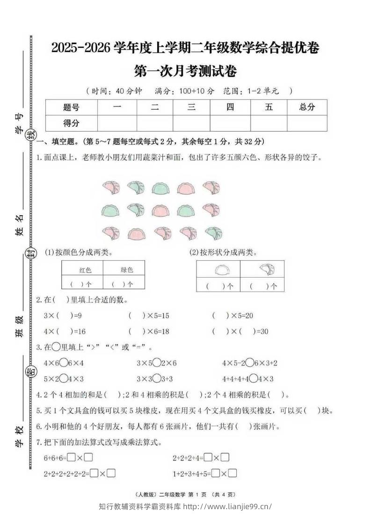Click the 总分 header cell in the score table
307,107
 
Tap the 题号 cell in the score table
71,107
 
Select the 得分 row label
71,123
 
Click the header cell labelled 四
230,107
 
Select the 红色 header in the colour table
85,270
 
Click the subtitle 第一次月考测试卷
185,71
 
